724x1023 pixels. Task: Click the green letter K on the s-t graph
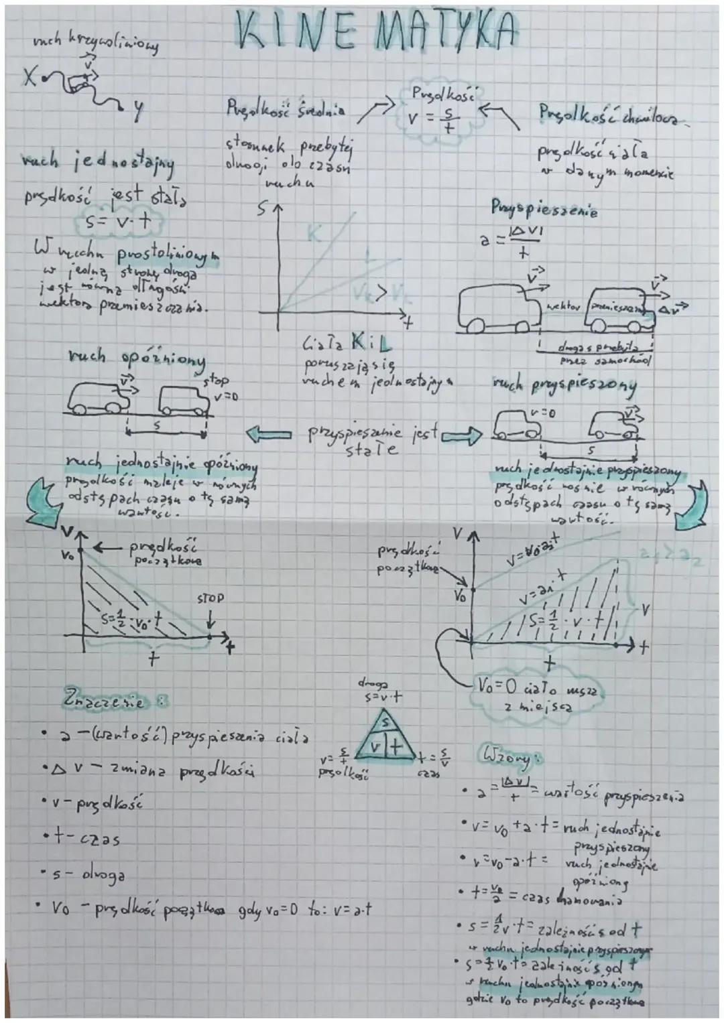pos(313,234)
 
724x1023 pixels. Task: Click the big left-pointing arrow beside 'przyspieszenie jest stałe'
pos(269,435)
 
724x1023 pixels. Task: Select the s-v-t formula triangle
pos(383,740)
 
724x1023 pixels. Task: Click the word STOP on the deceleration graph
pos(210,598)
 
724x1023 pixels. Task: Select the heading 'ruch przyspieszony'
pos(564,386)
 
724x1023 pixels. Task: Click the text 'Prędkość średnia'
pos(286,109)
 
